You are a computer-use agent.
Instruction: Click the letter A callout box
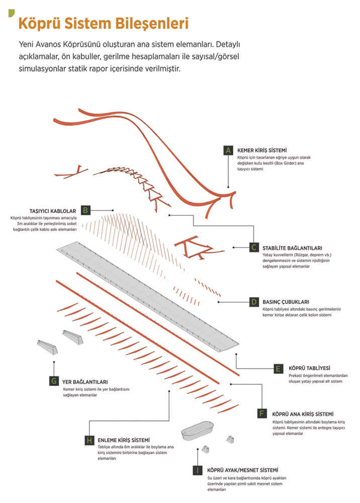(228, 150)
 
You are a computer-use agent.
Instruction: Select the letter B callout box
(85, 210)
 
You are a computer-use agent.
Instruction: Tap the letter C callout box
(254, 247)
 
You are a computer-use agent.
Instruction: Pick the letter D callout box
(254, 302)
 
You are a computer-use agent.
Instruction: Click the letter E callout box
(278, 368)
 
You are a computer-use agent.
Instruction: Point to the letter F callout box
(261, 413)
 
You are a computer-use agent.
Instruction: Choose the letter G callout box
(53, 381)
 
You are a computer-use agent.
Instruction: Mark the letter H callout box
(88, 440)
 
